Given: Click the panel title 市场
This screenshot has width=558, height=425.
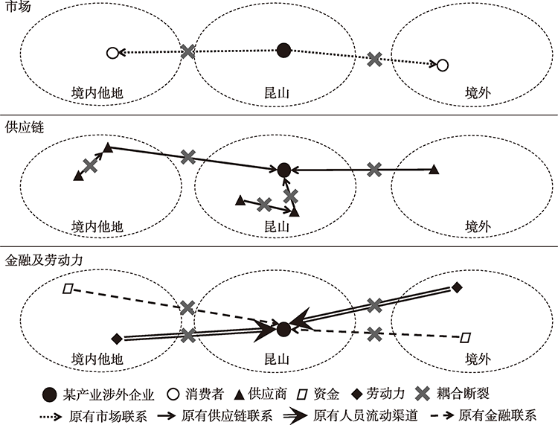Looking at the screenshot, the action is pos(18,6).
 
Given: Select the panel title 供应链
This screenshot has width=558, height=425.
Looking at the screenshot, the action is pos(25,127).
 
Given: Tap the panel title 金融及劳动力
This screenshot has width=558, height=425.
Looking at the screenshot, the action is pos(44,260).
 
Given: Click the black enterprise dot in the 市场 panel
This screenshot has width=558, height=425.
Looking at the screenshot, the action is pos(283,50).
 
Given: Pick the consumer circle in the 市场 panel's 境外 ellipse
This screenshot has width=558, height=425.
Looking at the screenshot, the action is pos(443,65).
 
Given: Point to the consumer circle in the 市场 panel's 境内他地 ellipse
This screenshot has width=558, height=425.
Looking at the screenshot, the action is pos(112,53).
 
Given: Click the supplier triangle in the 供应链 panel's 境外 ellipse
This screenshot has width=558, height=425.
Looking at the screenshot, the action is pos(434,170).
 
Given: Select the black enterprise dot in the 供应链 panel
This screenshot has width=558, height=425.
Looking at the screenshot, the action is pos(283,170).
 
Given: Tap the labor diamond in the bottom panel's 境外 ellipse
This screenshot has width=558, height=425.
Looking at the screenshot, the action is pos(457,287).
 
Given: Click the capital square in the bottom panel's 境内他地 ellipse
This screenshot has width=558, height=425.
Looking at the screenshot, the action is pos(68,288).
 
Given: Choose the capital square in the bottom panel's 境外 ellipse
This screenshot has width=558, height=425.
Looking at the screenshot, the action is pos(465,337).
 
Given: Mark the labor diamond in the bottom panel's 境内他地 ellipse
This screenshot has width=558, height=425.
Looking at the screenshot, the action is pos(117,339).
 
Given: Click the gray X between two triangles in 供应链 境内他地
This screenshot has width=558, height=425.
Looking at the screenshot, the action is pos(90,166).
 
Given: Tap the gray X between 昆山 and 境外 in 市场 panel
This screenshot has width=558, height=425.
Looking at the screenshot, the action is pos(375,60).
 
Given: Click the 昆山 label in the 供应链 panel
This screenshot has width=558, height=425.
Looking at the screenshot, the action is pos(277,226).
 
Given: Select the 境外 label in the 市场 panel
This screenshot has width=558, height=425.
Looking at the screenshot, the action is pos(478,93).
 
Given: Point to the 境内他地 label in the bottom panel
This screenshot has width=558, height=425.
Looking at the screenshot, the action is pos(97,359).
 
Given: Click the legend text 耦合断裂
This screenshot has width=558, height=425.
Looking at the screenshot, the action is pos(463,394).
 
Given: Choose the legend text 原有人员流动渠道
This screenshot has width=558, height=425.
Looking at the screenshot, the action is pos(365,416).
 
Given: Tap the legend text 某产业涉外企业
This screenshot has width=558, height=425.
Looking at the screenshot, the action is pos(108,394).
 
